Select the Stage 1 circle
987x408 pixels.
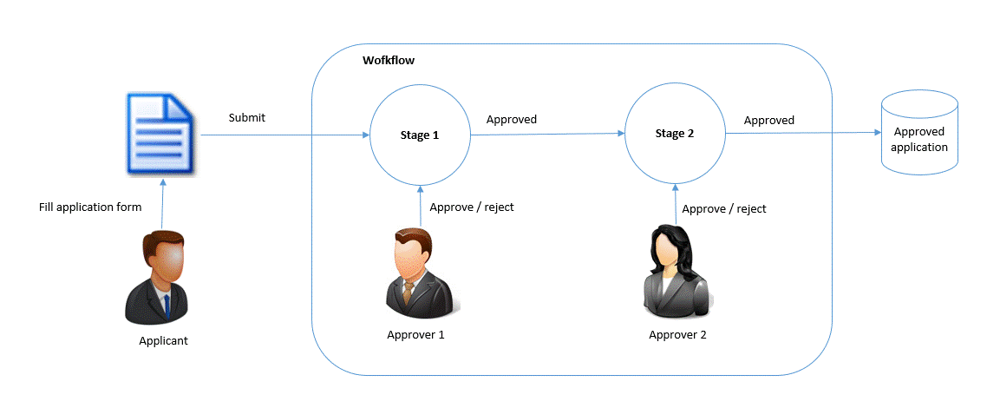coord(370,135)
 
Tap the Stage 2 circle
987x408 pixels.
coord(624,134)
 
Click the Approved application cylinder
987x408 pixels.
coord(919,132)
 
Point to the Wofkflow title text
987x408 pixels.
coord(389,61)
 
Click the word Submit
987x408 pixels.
coord(246,118)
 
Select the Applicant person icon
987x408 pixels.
coord(163,278)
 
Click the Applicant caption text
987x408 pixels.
coord(164,341)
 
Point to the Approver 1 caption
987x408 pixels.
coord(415,335)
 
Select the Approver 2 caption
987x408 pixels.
coord(677,335)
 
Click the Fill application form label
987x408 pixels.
coord(91,207)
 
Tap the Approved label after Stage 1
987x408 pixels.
coord(511,120)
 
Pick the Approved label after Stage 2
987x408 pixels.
coord(769,120)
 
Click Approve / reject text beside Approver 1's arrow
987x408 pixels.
coord(472,207)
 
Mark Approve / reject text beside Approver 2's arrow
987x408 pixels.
coord(724,209)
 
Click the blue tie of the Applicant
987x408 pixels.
coord(167,306)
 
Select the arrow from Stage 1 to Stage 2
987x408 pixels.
coord(547,134)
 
